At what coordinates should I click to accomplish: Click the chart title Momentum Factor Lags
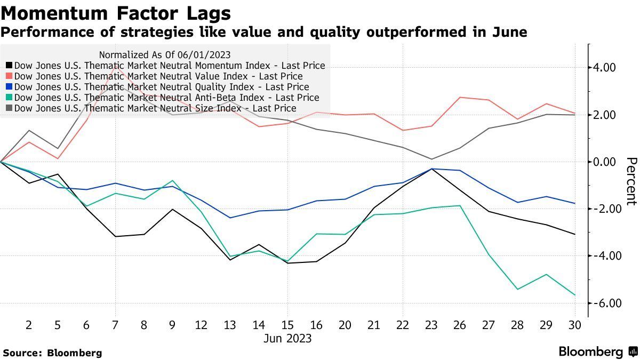tap(116, 13)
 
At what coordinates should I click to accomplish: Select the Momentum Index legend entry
tap(170, 66)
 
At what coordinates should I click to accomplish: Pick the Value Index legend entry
tap(158, 76)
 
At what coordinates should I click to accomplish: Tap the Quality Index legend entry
tap(162, 87)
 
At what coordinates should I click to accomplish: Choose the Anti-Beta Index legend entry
tap(166, 98)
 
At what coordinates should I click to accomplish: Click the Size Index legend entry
tap(155, 108)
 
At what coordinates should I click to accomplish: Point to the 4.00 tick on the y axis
tap(604, 68)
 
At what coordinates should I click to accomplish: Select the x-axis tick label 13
tap(230, 324)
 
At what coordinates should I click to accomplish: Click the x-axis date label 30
tap(575, 324)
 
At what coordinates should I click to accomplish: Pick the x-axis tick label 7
tap(115, 324)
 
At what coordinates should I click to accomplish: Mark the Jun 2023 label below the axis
tap(287, 339)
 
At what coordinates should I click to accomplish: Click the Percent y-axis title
tap(631, 181)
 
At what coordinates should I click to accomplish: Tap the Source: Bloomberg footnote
tap(52, 353)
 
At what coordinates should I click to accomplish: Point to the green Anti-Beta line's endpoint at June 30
tap(575, 295)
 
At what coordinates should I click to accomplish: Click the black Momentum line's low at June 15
tap(287, 263)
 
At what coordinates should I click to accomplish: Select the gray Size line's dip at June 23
tap(431, 159)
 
